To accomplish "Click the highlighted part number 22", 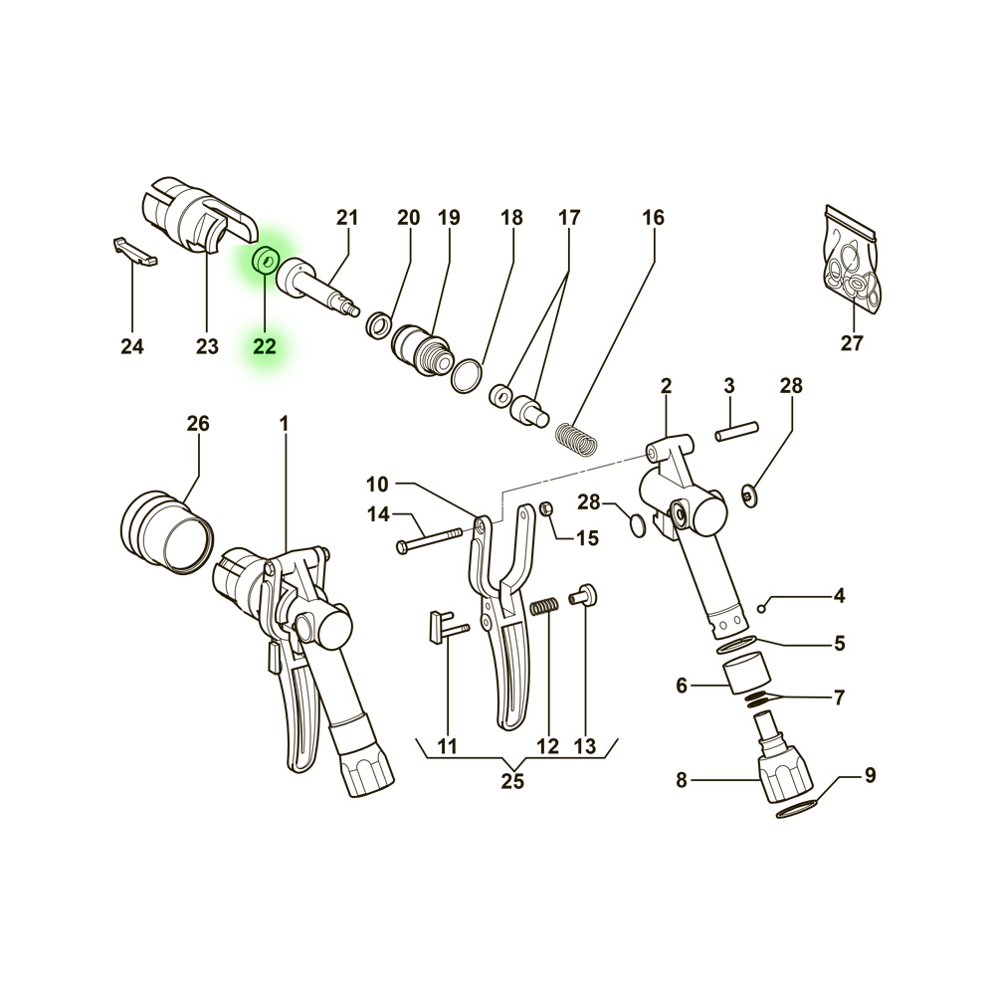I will click(x=264, y=346).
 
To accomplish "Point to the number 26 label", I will click(x=198, y=424).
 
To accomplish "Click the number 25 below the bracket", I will click(x=512, y=781).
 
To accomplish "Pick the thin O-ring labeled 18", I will click(x=466, y=376).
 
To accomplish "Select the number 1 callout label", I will click(x=284, y=424).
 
